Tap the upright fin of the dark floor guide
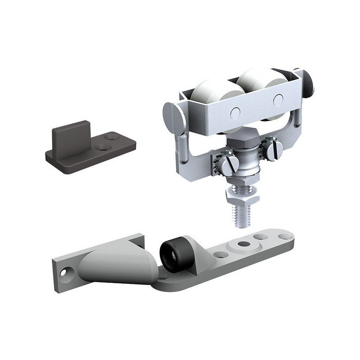tap(71, 135)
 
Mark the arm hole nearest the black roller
tap(219, 254)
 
